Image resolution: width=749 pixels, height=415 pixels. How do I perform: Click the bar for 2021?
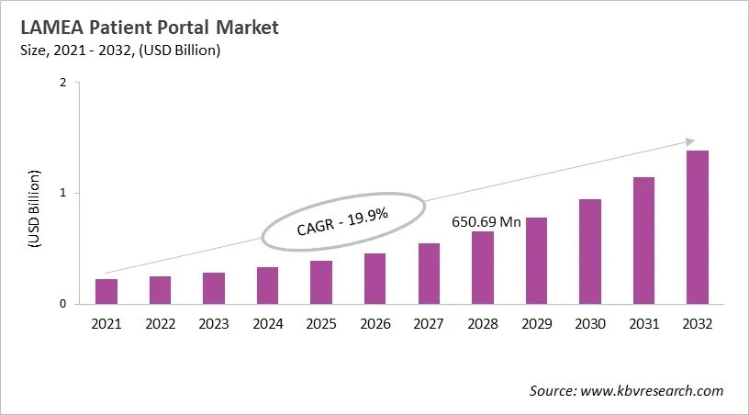click(x=106, y=291)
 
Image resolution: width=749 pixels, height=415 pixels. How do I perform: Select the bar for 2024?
click(x=267, y=286)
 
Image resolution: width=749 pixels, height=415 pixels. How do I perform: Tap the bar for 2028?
click(x=482, y=267)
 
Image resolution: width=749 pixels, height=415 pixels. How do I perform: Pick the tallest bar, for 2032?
click(x=698, y=227)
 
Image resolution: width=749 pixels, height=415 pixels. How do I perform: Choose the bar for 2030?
click(x=590, y=252)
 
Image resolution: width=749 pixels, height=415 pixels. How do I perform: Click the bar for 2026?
click(x=374, y=278)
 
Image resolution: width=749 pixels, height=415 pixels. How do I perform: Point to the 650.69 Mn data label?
click(x=485, y=222)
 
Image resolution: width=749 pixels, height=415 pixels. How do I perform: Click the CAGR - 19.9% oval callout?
click(x=343, y=221)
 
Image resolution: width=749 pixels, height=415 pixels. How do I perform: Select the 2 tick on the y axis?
click(x=62, y=83)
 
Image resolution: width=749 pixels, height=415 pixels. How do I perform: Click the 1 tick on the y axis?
click(x=62, y=193)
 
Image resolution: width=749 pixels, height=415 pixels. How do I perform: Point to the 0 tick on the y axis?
click(x=62, y=304)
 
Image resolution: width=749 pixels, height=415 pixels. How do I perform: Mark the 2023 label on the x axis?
click(x=214, y=323)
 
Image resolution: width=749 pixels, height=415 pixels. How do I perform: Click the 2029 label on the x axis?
click(x=536, y=323)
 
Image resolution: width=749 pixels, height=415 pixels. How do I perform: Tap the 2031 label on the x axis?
click(x=643, y=323)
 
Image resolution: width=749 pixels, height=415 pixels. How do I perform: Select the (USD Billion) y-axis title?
click(x=34, y=208)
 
